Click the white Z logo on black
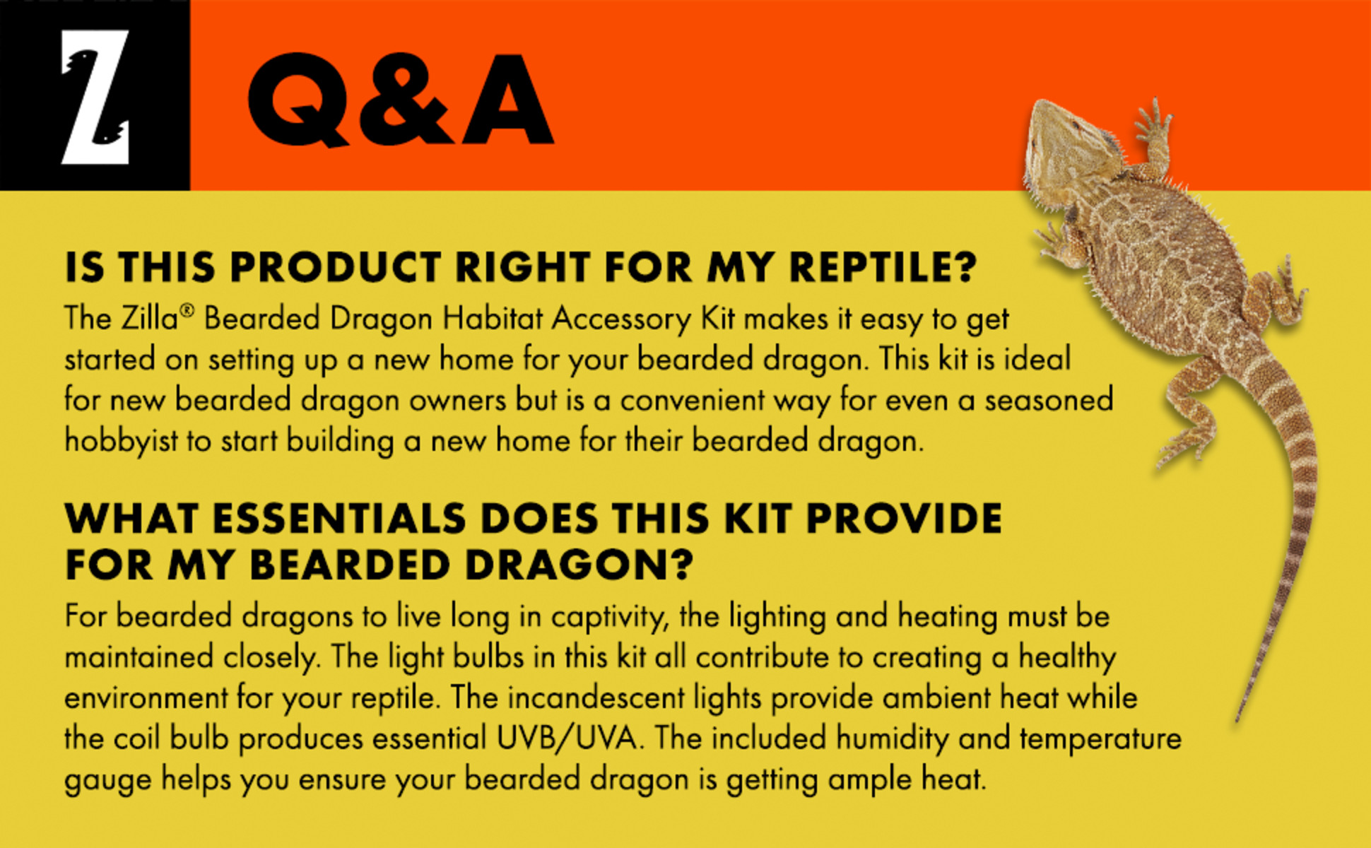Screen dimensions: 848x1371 pos(95,96)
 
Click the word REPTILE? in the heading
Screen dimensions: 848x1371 pos(883,267)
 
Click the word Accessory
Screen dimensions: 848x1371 pos(621,319)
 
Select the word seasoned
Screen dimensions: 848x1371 pos(1049,401)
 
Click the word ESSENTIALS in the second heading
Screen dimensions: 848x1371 pos(339,519)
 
